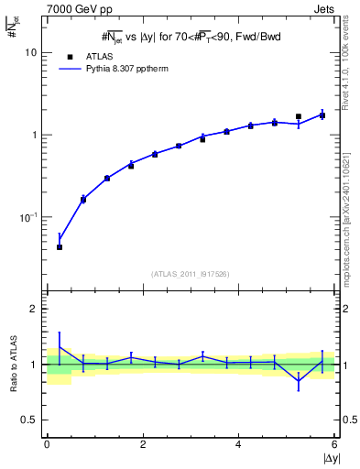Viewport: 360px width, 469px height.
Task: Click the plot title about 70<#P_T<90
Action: [x=191, y=36]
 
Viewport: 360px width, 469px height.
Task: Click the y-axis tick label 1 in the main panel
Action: [x=36, y=136]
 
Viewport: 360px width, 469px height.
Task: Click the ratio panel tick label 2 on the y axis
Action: [x=36, y=309]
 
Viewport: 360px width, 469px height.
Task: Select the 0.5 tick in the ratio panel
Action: [x=32, y=420]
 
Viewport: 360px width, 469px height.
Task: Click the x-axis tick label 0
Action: [x=47, y=444]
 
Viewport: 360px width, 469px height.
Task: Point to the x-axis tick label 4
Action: [x=238, y=444]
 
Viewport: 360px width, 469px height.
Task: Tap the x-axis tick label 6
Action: [x=334, y=444]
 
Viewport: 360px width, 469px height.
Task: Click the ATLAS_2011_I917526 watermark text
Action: [x=191, y=274]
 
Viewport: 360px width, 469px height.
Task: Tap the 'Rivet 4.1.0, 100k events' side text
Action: [x=350, y=58]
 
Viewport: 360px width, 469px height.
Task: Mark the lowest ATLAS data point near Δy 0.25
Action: [x=60, y=247]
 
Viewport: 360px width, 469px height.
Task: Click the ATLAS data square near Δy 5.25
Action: [x=299, y=117]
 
